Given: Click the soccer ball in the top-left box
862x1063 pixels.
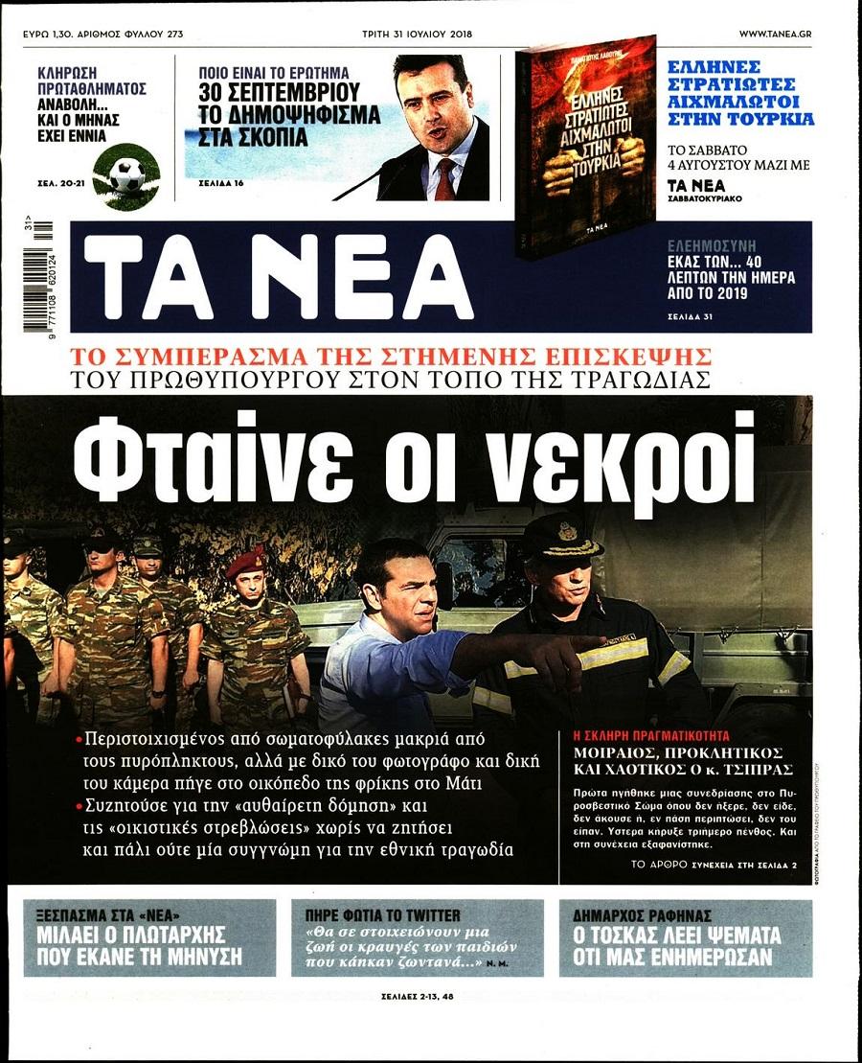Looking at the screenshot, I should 126,175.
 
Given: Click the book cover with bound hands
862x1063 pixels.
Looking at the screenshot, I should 586,147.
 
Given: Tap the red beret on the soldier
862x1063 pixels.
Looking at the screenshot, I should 245,562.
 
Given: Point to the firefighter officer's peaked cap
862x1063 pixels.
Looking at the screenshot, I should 561,535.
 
